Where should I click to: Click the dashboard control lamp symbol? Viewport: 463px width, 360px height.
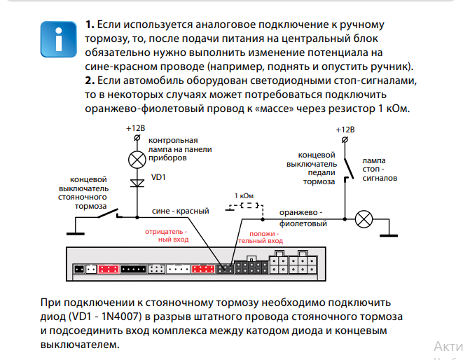point(137,160)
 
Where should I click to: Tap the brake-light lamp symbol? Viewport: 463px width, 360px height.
point(364,219)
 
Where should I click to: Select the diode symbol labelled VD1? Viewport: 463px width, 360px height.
point(137,184)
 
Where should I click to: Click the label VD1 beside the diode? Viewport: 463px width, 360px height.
point(158,177)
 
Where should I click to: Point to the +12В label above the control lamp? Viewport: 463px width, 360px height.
point(137,129)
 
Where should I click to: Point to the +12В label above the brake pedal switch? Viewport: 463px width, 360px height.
point(345,130)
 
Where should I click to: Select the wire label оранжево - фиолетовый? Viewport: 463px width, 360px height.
point(303,218)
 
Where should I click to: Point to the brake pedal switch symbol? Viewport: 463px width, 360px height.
point(347,168)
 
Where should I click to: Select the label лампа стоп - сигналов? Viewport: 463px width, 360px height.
point(379,169)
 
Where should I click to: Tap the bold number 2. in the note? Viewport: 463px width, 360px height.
point(90,81)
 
